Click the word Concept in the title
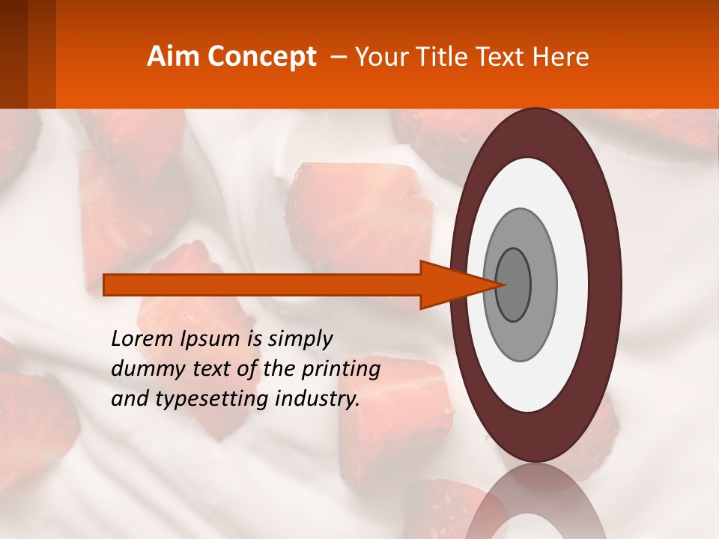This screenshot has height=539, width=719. [x=262, y=57]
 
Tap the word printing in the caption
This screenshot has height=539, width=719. [x=341, y=369]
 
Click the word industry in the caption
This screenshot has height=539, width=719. [x=318, y=399]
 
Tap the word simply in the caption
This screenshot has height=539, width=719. [x=300, y=339]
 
